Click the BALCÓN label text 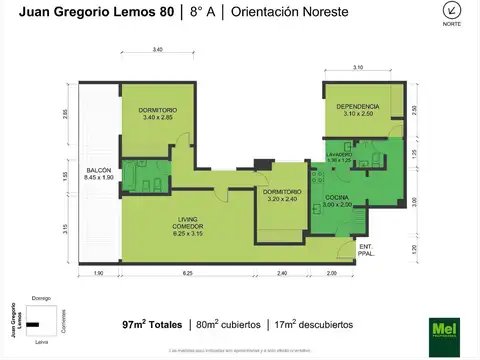tap(98, 173)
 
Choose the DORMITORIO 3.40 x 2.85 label tap(158, 113)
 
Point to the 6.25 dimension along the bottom tap(187, 273)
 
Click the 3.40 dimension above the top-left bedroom tap(158, 49)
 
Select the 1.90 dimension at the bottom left tap(98, 273)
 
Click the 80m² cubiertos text tap(228, 324)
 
